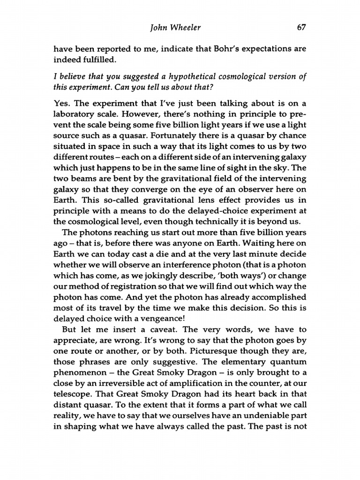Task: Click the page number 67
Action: coord(301,27)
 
